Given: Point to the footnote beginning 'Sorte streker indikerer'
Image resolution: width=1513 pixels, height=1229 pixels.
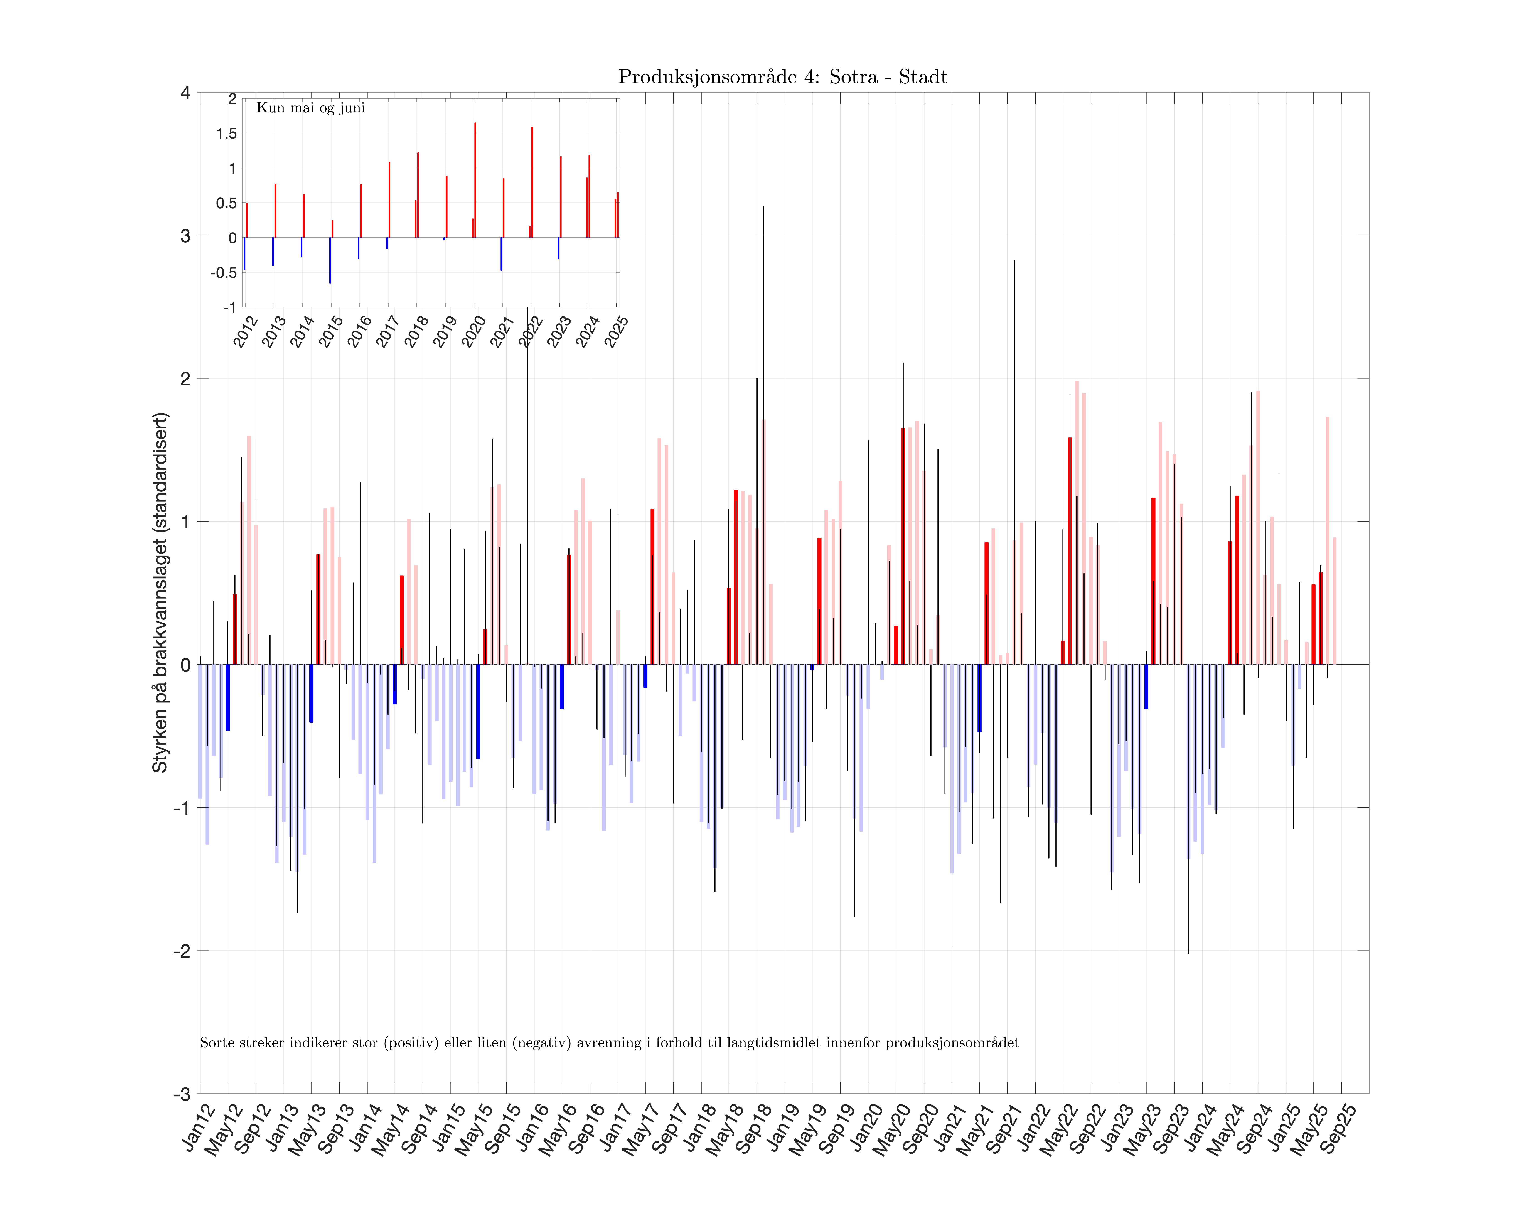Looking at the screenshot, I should coord(609,1043).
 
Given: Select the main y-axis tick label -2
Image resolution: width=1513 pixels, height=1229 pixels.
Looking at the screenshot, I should coord(182,951).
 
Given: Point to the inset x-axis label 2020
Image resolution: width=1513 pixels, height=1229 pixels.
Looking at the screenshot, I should coord(473,331).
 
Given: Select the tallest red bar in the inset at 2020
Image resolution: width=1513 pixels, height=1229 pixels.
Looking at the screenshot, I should coord(474,180).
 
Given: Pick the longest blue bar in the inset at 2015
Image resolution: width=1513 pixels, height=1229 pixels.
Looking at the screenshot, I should coord(330,260).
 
